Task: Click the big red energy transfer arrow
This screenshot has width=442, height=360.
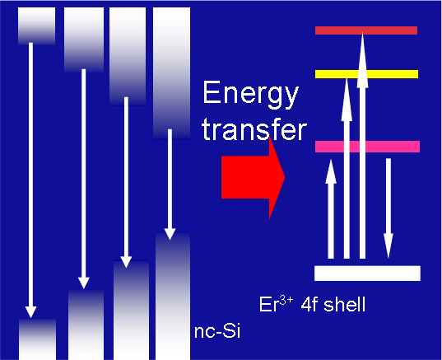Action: (x=253, y=177)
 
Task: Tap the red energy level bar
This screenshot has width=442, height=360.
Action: (x=366, y=30)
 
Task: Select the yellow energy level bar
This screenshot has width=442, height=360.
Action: (x=366, y=74)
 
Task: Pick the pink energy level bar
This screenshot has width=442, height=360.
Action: (x=367, y=147)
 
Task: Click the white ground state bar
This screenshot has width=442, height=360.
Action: (x=367, y=274)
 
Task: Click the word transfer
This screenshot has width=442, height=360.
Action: (x=254, y=129)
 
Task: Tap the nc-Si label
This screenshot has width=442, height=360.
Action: (x=217, y=331)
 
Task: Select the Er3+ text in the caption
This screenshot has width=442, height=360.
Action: (x=277, y=304)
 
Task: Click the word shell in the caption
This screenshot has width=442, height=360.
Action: (x=345, y=304)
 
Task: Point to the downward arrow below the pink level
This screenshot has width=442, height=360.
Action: (x=388, y=208)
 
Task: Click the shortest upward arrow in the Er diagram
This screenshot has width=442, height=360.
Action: (x=331, y=208)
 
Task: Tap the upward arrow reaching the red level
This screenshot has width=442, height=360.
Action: (x=362, y=145)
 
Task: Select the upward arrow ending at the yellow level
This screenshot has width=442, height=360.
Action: (x=347, y=168)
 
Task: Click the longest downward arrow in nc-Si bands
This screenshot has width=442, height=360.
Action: (x=30, y=180)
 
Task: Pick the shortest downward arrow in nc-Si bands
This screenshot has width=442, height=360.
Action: (x=170, y=185)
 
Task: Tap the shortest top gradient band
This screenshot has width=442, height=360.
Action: (x=37, y=26)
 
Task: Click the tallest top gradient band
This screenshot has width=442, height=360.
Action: (x=171, y=73)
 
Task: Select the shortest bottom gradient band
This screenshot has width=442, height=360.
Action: (x=38, y=339)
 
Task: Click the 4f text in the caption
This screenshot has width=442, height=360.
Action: (x=307, y=304)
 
